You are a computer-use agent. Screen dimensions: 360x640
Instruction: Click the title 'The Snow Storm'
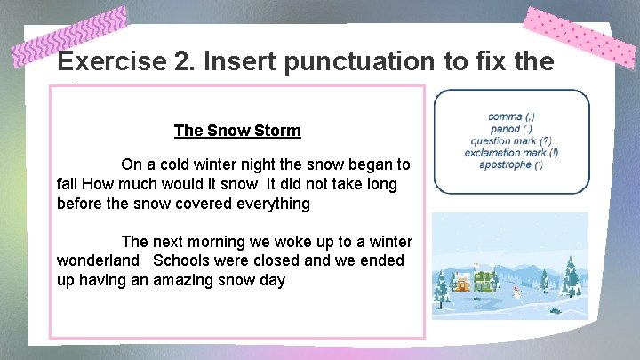(x=237, y=131)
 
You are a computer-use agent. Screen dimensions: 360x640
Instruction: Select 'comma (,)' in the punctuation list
(x=511, y=116)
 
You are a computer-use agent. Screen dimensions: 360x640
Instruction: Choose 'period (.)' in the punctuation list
(x=511, y=129)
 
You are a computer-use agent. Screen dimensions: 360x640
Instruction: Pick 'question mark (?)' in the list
(x=511, y=140)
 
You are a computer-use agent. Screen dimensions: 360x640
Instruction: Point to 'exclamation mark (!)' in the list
(x=511, y=153)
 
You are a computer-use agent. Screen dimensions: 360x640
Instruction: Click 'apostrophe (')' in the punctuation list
(x=511, y=164)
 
